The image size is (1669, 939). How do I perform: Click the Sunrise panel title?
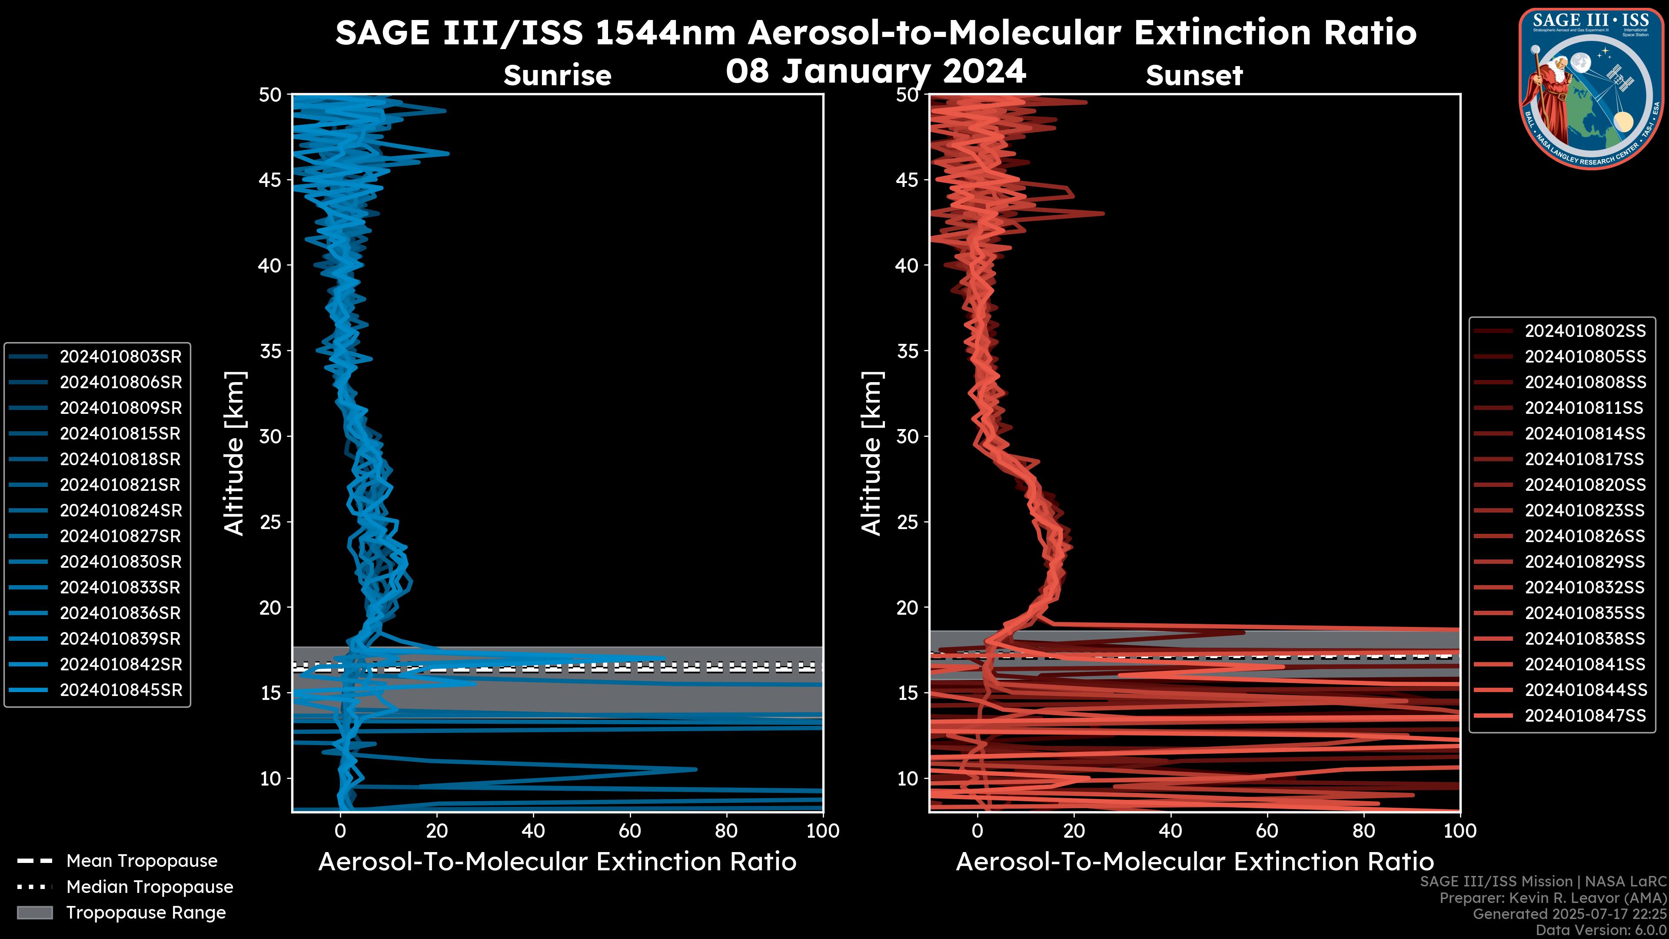point(557,75)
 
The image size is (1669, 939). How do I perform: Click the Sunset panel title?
point(1194,75)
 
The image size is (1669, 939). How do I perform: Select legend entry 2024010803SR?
point(120,356)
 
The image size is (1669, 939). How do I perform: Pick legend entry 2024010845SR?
point(120,690)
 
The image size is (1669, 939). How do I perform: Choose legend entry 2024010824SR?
point(120,511)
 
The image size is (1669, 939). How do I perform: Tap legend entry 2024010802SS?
point(1585,331)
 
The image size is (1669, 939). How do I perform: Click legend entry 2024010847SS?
point(1585,716)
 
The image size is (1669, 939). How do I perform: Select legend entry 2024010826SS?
point(1585,536)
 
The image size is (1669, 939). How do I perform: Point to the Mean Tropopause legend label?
point(142,861)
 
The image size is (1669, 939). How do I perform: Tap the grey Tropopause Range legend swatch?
point(34,912)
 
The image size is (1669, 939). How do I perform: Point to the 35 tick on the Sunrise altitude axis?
point(270,351)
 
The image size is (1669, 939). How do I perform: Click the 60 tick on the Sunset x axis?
point(1267,831)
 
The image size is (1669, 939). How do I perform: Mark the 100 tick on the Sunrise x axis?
point(822,831)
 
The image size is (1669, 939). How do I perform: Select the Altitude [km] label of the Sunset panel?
point(871,453)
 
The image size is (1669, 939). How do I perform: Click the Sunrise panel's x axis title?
point(557,862)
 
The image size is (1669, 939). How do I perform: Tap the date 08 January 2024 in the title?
point(876,71)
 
